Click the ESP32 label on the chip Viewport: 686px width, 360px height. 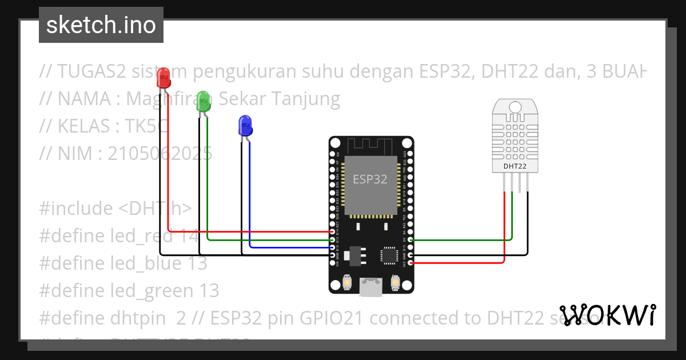[370, 179]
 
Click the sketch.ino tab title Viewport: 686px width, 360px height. [101, 25]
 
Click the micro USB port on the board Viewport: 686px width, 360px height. [370, 286]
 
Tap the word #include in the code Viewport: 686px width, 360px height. [76, 208]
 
